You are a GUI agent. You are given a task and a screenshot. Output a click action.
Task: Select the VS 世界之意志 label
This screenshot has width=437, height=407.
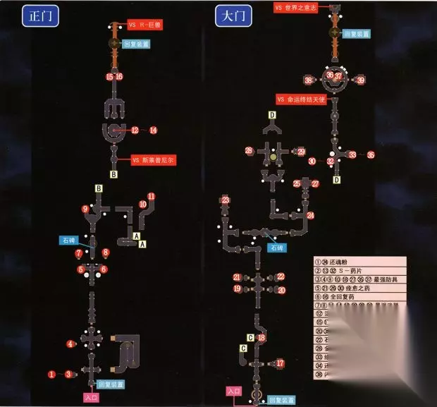point(299,7)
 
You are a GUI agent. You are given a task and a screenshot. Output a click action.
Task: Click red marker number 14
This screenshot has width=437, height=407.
point(153,130)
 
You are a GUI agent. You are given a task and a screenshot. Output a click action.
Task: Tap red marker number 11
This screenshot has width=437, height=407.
point(151,196)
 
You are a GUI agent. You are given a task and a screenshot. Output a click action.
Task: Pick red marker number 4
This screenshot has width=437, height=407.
point(70,344)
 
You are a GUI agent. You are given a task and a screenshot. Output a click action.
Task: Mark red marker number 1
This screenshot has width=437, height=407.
point(51,373)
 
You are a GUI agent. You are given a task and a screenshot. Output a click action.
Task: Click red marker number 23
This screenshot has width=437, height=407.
point(226,201)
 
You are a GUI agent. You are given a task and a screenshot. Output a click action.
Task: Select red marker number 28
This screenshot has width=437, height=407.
point(249,151)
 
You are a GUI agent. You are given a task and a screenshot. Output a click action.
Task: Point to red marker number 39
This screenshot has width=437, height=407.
point(360,80)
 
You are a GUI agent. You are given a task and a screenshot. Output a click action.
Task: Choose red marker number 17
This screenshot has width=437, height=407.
point(281,363)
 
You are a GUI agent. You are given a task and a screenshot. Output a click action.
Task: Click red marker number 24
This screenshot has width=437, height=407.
point(310,215)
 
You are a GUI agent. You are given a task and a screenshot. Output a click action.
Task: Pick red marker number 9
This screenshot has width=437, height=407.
point(85,209)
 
